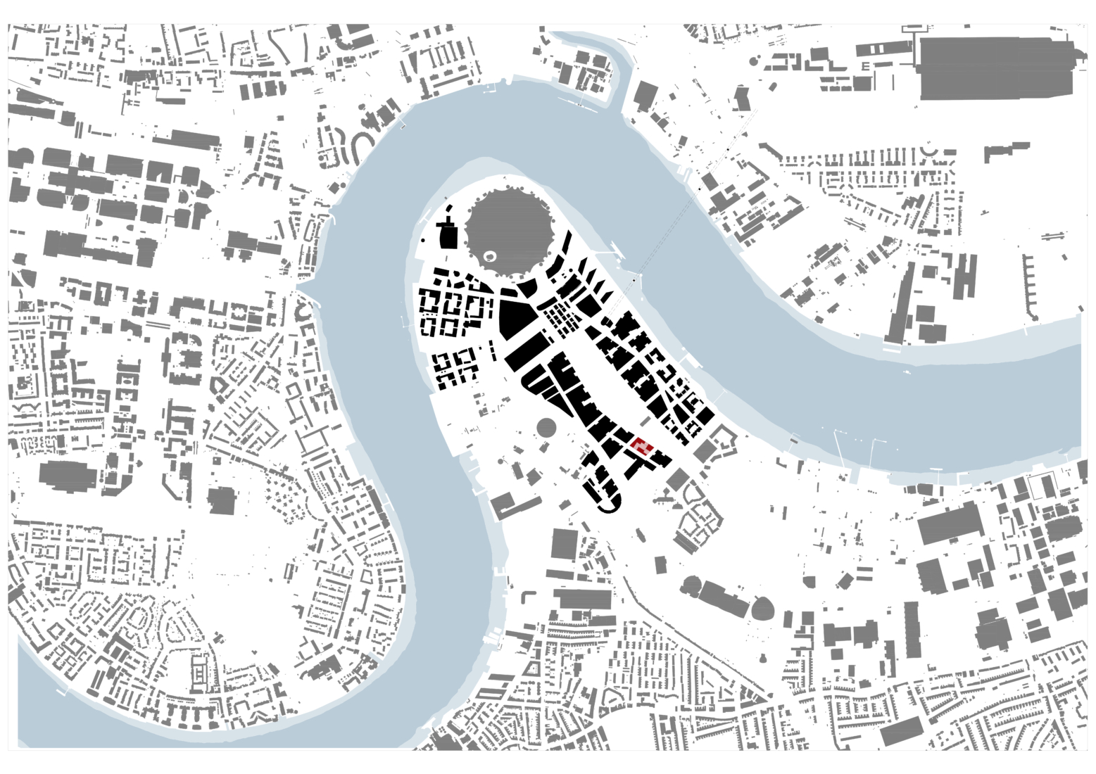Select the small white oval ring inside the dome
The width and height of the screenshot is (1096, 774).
click(491, 256)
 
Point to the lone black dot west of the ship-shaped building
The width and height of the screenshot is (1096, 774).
click(422, 241)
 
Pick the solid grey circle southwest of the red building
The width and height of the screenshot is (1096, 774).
click(546, 426)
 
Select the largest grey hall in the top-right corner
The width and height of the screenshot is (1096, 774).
click(997, 68)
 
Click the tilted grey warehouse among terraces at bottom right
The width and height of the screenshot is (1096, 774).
click(902, 732)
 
